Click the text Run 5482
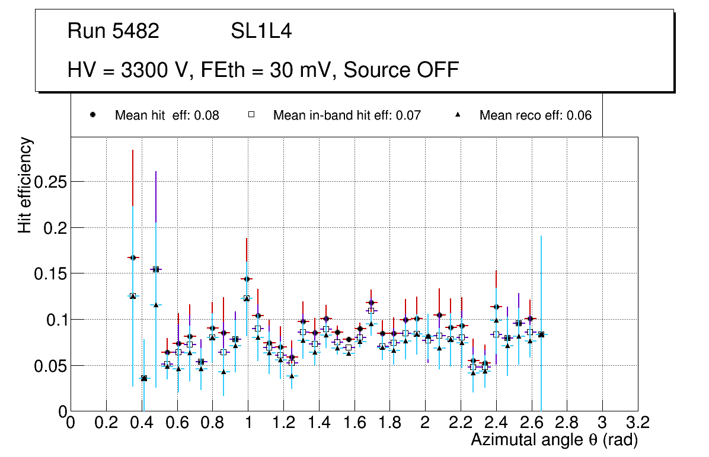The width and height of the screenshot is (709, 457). click(x=113, y=32)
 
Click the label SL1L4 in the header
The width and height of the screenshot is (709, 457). click(x=261, y=32)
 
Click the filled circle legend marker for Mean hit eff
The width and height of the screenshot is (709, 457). click(x=92, y=115)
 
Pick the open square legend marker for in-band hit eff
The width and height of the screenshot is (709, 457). click(x=251, y=115)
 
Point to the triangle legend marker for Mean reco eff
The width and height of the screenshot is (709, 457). click(x=457, y=115)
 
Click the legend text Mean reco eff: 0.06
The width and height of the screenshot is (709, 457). click(x=535, y=115)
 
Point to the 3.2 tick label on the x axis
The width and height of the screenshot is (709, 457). click(x=638, y=423)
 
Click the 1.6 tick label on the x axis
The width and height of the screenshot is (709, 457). click(x=354, y=423)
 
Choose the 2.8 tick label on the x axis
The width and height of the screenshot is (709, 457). click(x=567, y=423)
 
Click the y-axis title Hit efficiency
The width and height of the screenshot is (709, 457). click(x=25, y=185)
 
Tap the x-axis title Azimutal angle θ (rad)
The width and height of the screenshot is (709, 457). click(x=554, y=440)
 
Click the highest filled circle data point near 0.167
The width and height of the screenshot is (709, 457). click(x=133, y=258)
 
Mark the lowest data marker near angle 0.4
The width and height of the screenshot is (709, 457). click(x=143, y=378)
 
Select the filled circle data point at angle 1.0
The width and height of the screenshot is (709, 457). click(x=247, y=279)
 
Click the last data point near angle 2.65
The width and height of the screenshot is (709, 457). click(x=541, y=334)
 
